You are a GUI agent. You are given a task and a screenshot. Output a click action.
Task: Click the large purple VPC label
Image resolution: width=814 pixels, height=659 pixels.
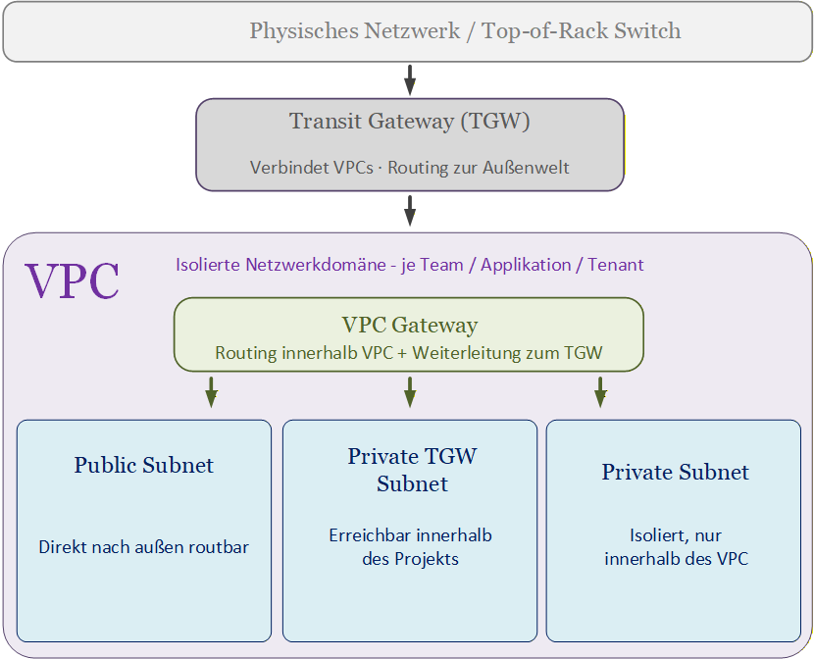[73, 281]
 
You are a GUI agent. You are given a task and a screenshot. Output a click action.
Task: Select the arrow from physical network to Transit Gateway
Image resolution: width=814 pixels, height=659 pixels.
[410, 78]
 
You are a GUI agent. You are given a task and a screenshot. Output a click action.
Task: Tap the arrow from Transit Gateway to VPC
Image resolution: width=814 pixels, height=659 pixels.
[410, 210]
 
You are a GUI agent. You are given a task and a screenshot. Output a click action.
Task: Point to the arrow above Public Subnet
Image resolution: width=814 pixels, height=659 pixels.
[211, 392]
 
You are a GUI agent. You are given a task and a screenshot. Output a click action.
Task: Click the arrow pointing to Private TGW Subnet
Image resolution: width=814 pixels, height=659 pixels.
[410, 392]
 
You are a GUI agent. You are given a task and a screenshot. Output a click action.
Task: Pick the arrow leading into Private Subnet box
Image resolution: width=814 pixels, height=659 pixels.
[600, 392]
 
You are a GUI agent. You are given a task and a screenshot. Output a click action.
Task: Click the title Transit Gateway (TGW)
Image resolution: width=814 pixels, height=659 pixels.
[409, 122]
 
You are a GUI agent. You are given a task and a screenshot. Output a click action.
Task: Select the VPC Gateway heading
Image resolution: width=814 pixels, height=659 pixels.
[409, 325]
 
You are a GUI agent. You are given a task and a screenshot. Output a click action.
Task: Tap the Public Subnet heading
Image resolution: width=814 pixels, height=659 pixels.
[143, 465]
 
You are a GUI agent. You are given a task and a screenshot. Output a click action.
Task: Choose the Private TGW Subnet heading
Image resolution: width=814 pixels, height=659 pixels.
[411, 469]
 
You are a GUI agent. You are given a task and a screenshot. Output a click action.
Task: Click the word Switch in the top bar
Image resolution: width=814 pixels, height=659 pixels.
[646, 30]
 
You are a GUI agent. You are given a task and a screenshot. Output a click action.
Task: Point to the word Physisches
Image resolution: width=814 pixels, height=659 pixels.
[302, 30]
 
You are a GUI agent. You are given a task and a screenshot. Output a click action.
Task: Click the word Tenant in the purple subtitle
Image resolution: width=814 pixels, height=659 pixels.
[616, 265]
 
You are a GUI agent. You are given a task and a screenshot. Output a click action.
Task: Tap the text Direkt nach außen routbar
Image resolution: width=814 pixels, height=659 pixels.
[143, 547]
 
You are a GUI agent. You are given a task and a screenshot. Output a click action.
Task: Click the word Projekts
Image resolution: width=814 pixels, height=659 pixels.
[427, 559]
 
